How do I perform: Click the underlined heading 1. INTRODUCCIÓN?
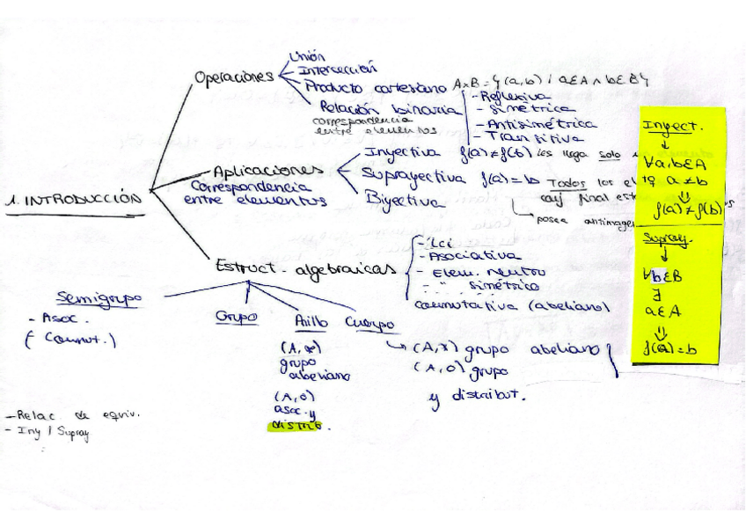point(74,200)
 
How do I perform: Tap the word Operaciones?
point(234,77)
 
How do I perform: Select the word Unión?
point(308,56)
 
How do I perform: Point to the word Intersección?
point(337,69)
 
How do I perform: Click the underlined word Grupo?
point(236,317)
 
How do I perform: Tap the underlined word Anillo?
point(311,321)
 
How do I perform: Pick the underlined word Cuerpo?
point(369,323)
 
